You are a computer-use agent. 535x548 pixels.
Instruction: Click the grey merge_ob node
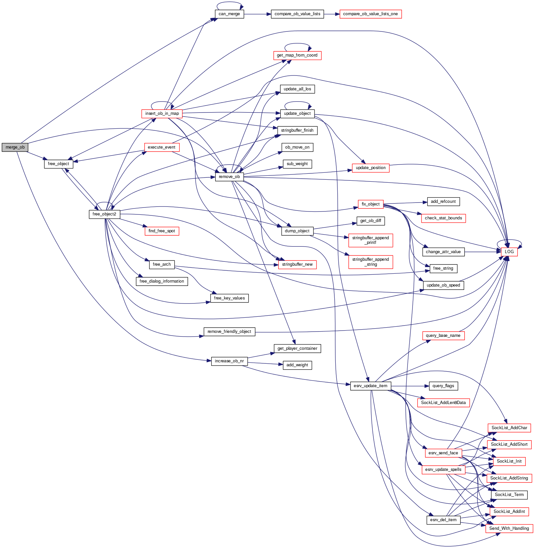coord(15,147)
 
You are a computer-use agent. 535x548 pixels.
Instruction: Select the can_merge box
coord(229,14)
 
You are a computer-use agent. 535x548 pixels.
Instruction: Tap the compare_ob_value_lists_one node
coord(370,14)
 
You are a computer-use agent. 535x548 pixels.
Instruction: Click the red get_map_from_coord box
coord(297,55)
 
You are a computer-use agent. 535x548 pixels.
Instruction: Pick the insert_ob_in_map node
coord(162,114)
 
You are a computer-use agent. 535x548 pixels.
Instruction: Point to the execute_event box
coord(162,147)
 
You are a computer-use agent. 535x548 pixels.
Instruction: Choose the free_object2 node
coord(104,214)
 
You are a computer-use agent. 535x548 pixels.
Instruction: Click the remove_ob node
coord(229,177)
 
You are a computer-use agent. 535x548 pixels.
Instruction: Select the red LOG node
coord(509,252)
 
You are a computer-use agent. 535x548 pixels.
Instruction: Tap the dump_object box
coord(297,231)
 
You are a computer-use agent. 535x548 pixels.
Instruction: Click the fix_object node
coord(370,204)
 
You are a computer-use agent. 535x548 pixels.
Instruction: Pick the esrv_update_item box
coord(370,386)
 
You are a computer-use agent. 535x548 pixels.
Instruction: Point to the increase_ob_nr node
coord(229,361)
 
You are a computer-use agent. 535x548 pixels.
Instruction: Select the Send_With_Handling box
coord(509,528)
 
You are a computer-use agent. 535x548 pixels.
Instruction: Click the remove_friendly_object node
coord(229,332)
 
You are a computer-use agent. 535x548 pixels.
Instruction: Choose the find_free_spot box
coord(162,231)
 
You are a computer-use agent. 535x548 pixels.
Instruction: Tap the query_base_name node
coord(443,336)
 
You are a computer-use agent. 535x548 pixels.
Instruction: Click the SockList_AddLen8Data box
coord(443,403)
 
